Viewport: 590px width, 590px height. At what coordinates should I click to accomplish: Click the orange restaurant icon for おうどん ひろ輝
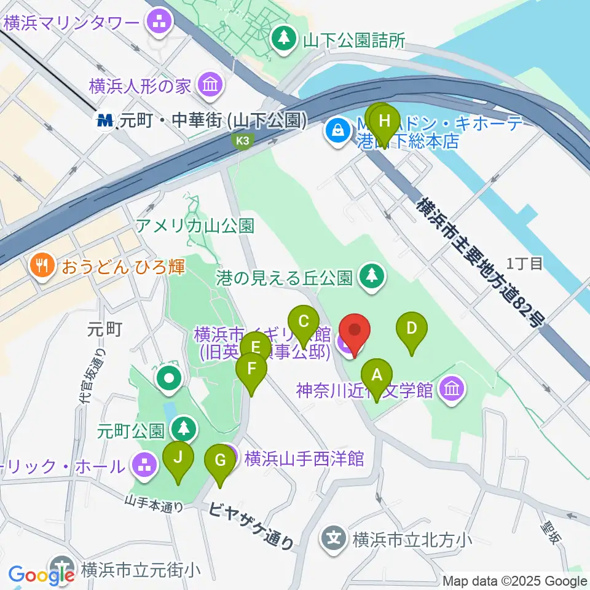coord(42,265)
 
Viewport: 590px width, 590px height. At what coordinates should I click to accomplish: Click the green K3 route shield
coord(244,141)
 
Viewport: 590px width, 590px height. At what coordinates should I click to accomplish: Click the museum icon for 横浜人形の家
coord(210,85)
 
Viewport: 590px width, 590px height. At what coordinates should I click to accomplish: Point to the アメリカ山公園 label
coord(195,226)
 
